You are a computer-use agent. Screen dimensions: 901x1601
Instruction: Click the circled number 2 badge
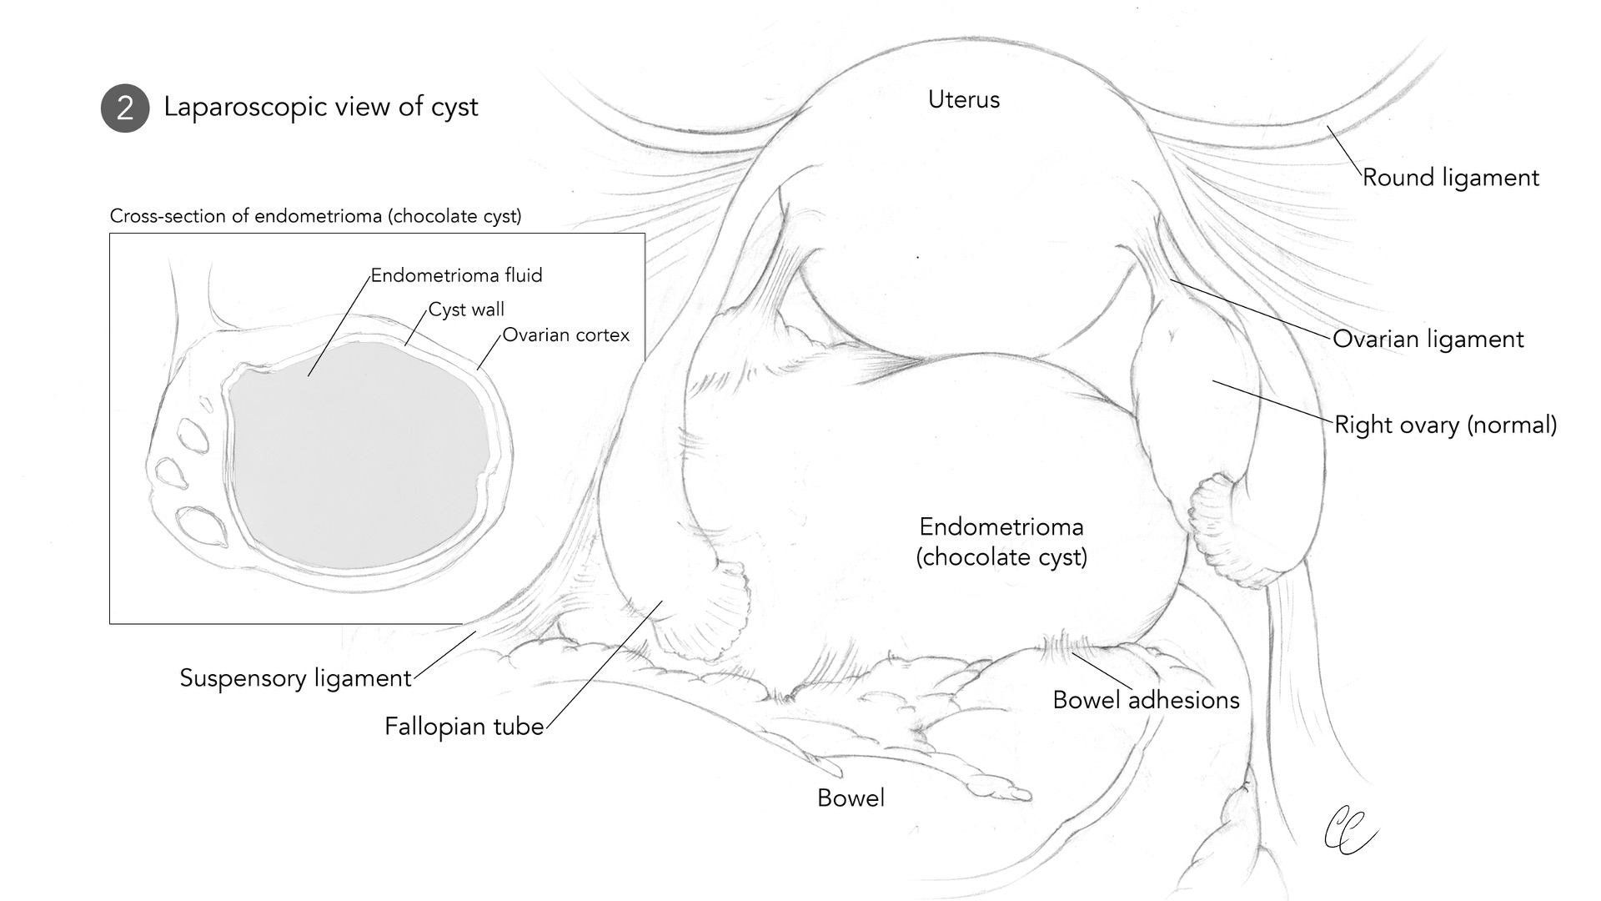coord(125,108)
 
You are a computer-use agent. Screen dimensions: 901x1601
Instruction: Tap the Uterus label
coord(964,100)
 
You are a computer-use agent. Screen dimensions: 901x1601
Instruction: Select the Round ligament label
coord(1451,178)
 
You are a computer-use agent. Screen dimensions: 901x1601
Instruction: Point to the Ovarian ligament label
coord(1428,339)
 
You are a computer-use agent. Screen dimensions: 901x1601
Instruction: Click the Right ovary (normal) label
coord(1445,425)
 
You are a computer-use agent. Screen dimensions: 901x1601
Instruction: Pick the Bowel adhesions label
coord(1146,700)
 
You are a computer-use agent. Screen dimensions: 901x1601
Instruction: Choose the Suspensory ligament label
coord(296,677)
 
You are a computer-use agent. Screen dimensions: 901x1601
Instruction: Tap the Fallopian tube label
coord(464,727)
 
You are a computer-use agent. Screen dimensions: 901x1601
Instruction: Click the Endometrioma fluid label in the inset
coord(456,275)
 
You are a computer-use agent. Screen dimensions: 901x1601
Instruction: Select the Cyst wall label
coord(466,310)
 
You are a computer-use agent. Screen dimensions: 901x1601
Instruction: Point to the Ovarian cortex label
coord(565,335)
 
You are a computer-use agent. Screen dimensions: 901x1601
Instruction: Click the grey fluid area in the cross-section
coord(359,459)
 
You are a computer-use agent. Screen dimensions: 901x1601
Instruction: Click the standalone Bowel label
coord(851,798)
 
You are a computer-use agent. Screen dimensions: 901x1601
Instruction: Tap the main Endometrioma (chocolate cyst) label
coord(1001,541)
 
